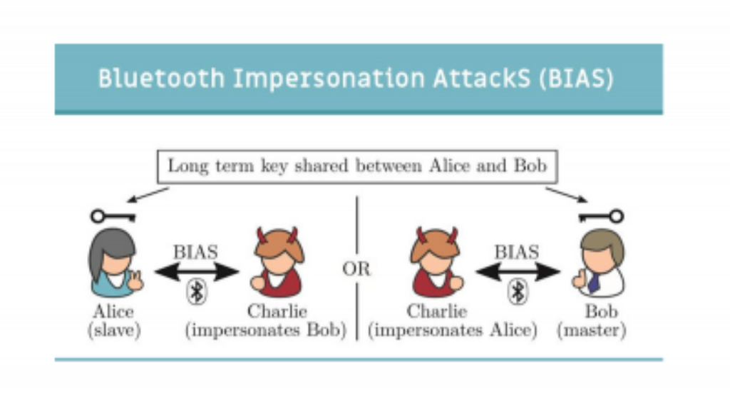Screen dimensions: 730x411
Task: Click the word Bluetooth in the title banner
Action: point(161,78)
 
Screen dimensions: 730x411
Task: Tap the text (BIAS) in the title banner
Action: point(576,78)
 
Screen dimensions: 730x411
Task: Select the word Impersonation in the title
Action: point(329,78)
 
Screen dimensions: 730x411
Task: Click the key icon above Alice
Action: point(113,216)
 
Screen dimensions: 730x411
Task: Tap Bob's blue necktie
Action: point(594,283)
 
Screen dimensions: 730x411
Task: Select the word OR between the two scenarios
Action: point(356,269)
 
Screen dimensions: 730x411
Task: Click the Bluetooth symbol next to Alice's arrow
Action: point(197,292)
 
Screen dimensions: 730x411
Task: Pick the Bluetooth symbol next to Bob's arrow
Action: point(518,292)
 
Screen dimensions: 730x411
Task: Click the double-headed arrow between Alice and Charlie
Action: point(197,272)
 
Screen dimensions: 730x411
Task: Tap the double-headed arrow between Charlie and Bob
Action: point(518,272)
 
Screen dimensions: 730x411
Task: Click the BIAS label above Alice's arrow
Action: point(195,252)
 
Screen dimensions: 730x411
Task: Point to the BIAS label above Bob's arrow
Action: point(517,252)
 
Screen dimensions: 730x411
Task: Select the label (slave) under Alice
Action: point(114,330)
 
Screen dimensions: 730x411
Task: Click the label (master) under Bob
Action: point(591,330)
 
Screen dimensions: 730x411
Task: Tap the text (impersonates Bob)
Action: point(266,330)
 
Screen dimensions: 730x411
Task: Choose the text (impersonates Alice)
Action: point(453,330)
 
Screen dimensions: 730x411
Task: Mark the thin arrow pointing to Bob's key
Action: point(567,195)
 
